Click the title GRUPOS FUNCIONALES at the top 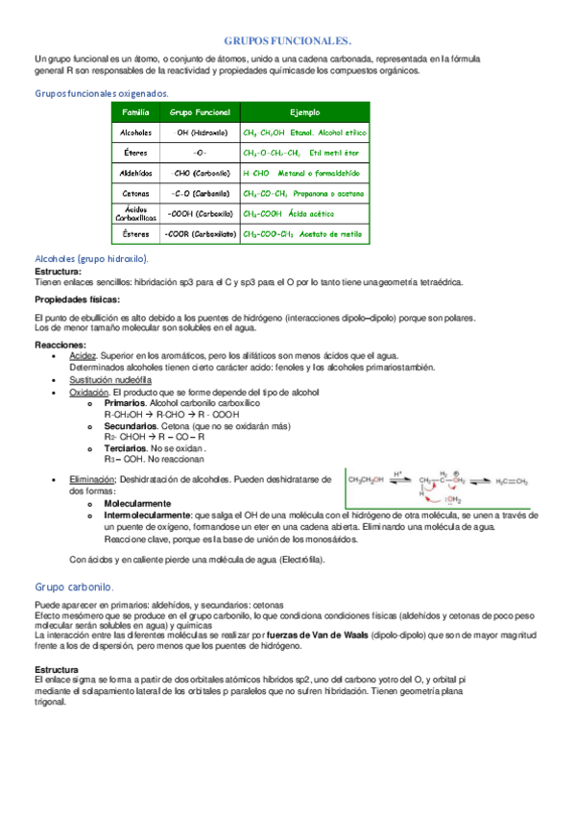pos(287,41)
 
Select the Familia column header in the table pos(136,112)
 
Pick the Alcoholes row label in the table pos(136,132)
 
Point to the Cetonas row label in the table pos(136,193)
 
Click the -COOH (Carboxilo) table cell pos(201,213)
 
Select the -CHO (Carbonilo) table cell pos(201,173)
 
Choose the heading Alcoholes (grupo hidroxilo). pos(91,259)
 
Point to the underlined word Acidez pos(83,355)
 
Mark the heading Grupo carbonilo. pos(75,587)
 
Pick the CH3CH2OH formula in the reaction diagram pos(367,481)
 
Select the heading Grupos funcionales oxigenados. pos(102,93)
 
